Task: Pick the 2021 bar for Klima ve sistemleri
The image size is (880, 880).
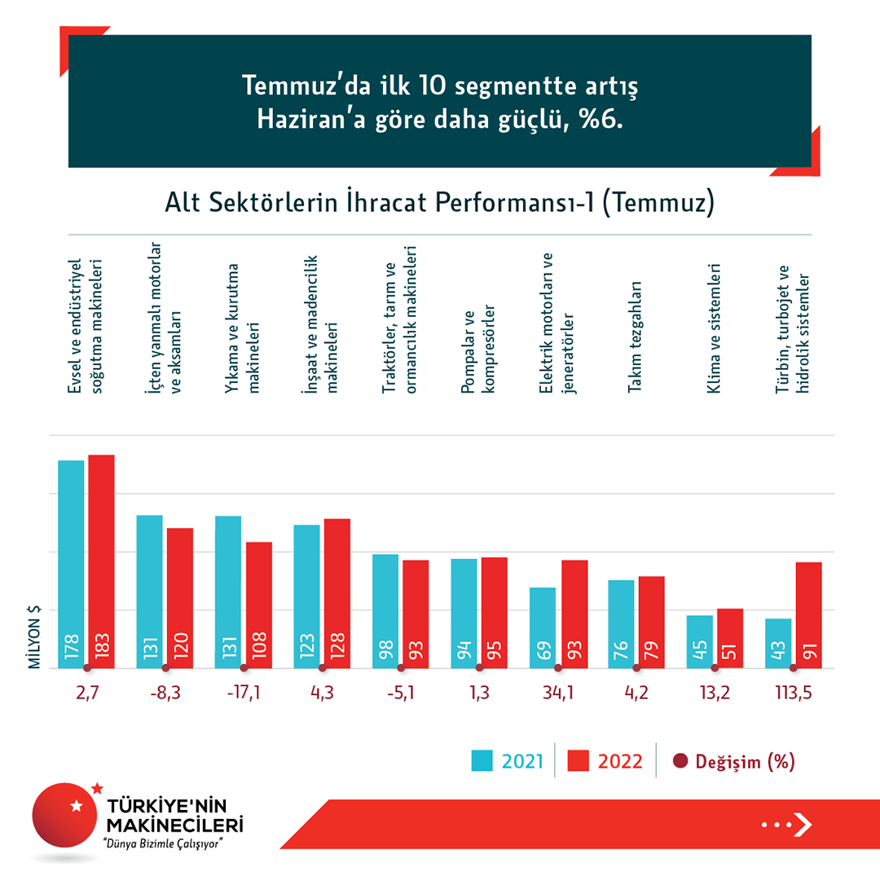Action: [x=700, y=641]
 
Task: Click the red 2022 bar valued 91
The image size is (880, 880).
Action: [x=808, y=614]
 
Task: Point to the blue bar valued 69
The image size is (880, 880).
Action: [x=543, y=627]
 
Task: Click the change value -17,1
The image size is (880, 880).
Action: [x=244, y=695]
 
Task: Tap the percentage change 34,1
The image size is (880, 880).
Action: [x=557, y=695]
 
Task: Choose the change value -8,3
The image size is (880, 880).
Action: [x=165, y=695]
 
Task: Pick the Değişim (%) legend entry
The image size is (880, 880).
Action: [x=733, y=761]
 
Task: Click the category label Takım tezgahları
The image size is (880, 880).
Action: [x=635, y=337]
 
